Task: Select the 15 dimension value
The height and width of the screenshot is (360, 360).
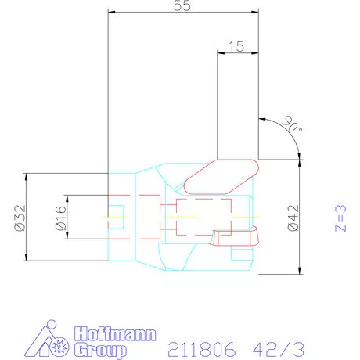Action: pos(237,47)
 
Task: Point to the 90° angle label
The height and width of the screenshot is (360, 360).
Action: pos(291,124)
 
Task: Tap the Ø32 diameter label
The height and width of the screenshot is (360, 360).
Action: pos(20,217)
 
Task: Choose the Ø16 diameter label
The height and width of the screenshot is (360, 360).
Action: pos(59,217)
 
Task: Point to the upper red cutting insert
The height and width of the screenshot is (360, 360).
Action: pos(221,174)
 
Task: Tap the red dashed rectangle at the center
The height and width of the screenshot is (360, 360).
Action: pos(203,217)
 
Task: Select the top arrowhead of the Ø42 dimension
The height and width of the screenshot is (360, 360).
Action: pos(301,161)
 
